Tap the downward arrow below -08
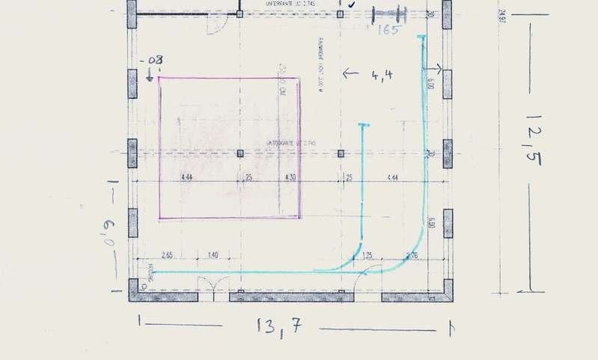[150, 74]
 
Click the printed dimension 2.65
[166, 255]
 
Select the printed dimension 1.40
[212, 255]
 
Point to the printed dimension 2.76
[412, 255]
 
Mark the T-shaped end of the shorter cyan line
[363, 124]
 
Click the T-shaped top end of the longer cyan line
[422, 36]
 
